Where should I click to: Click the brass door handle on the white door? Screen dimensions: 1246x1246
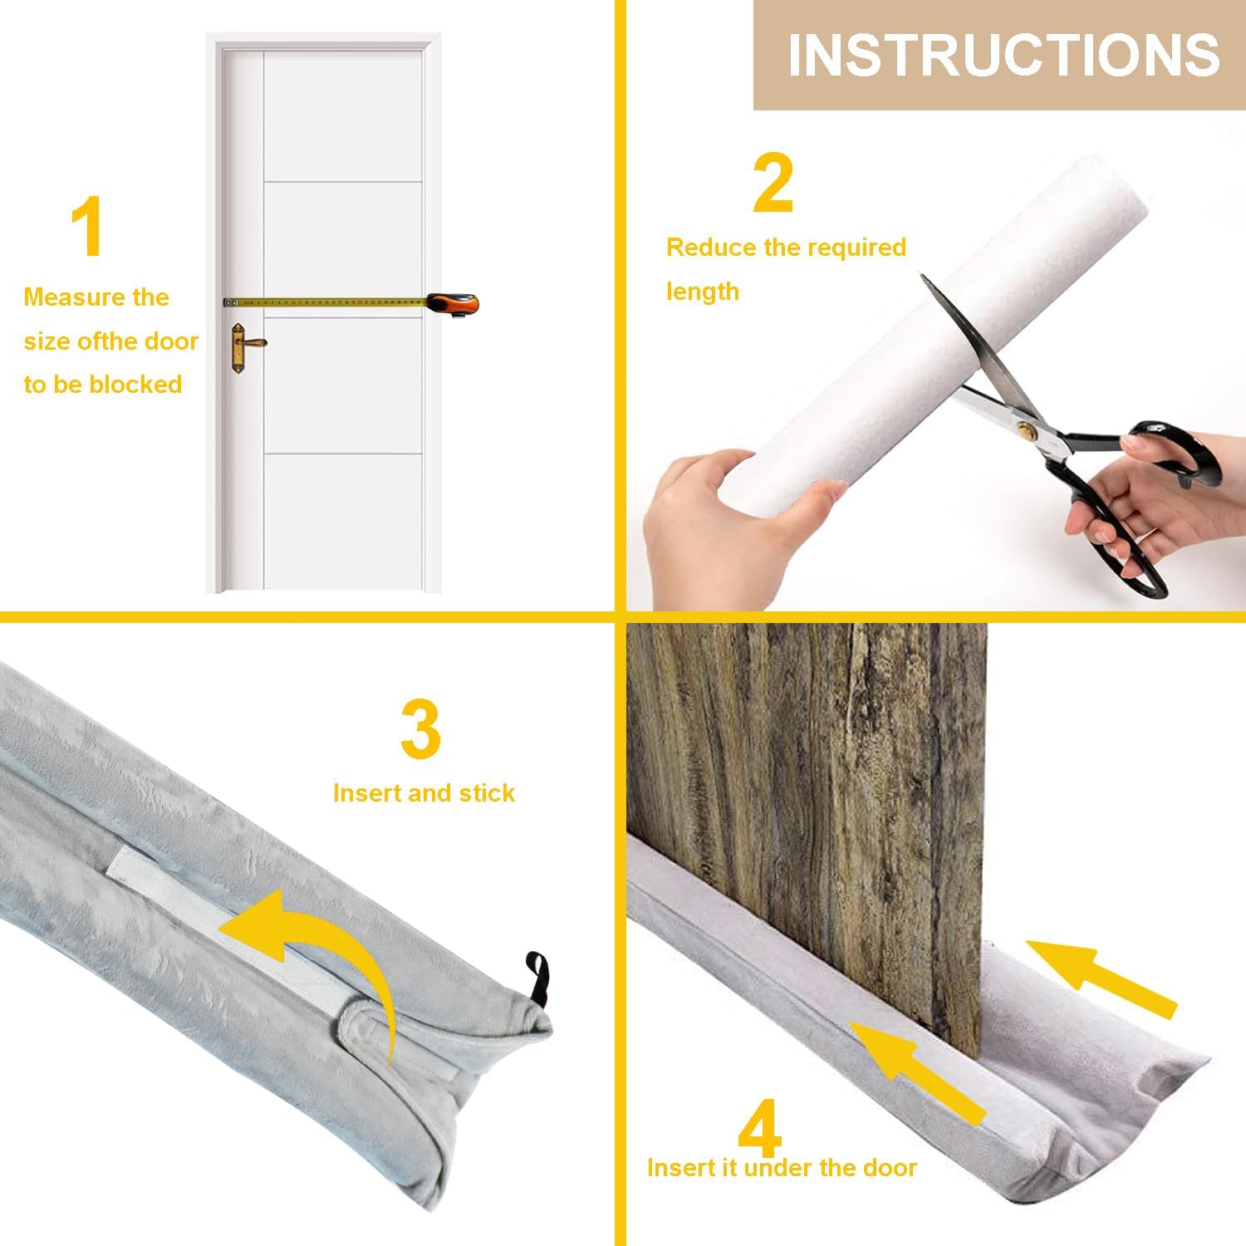click(x=243, y=341)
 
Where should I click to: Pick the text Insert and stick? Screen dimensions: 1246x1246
click(x=424, y=793)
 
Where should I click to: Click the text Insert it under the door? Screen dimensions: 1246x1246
click(x=782, y=1168)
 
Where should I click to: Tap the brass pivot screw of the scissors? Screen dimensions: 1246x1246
click(x=1028, y=429)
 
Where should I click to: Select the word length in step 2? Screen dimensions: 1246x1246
click(x=703, y=292)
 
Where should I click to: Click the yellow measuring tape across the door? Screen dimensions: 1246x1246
click(x=328, y=300)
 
